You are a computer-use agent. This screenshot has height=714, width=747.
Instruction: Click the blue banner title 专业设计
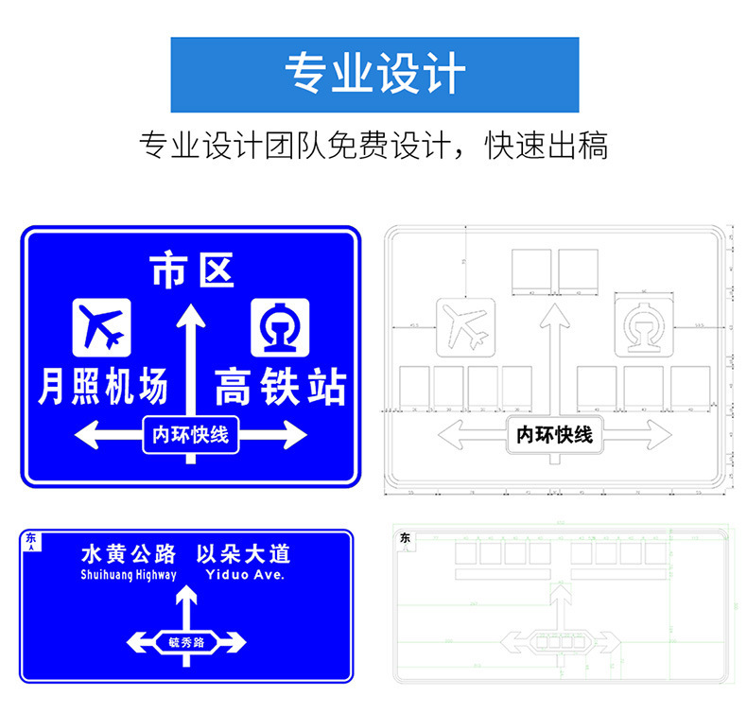[374, 75]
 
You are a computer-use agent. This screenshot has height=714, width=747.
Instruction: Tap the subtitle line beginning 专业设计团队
[373, 146]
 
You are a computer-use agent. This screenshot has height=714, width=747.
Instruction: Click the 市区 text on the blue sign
[192, 271]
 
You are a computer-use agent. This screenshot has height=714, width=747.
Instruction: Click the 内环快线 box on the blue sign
[191, 435]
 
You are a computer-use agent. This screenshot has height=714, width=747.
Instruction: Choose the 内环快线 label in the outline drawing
[554, 435]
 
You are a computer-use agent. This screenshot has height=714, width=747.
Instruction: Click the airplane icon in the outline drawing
[465, 327]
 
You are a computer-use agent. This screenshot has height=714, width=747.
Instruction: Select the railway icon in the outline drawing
[644, 327]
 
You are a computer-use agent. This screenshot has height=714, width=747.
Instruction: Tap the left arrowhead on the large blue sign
[88, 436]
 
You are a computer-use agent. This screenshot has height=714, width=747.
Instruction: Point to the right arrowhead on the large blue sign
[296, 436]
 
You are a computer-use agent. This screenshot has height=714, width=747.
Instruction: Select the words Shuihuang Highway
[129, 574]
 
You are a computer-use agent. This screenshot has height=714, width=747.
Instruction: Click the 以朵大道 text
[242, 554]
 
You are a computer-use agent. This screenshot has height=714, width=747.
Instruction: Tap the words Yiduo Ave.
[244, 574]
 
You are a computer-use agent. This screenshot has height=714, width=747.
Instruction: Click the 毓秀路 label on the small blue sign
[186, 642]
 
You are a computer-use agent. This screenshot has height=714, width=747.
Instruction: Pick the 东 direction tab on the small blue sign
[30, 540]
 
